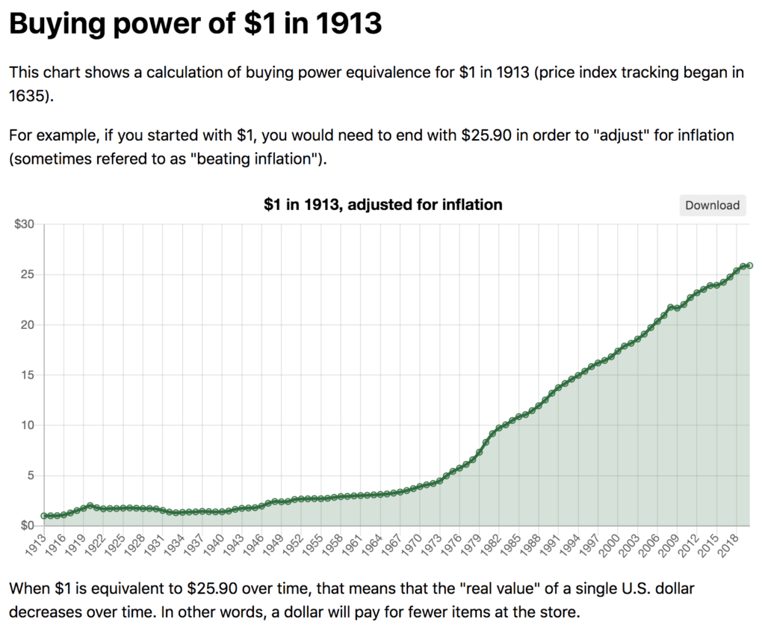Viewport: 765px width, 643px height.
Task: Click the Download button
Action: pyautogui.click(x=712, y=206)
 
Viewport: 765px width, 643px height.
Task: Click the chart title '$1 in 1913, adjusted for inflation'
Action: pyautogui.click(x=382, y=204)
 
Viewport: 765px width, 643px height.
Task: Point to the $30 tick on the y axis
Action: pyautogui.click(x=25, y=224)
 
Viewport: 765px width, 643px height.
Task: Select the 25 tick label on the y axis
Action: pyautogui.click(x=28, y=274)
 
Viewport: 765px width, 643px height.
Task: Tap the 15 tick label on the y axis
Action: pyautogui.click(x=28, y=375)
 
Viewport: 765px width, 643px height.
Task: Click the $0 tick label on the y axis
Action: pyautogui.click(x=26, y=526)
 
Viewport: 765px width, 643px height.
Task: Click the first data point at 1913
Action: pyautogui.click(x=44, y=516)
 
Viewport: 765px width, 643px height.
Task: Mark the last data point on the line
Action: pyautogui.click(x=749, y=265)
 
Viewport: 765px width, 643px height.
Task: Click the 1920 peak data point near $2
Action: pyautogui.click(x=90, y=506)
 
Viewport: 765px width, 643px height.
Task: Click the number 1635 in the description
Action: pyautogui.click(x=29, y=96)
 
